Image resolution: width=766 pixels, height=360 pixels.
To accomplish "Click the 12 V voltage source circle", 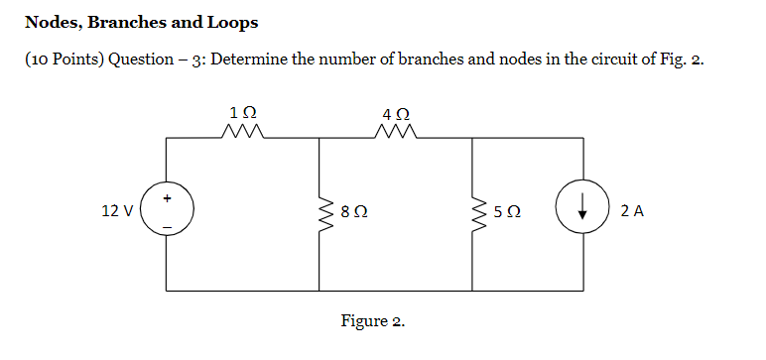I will coord(167,211).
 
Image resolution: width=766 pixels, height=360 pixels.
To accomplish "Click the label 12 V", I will coord(117,211).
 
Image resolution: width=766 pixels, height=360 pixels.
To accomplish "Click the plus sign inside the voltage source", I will coord(167,198).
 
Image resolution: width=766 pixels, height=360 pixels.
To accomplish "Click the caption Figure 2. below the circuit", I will coord(372,321).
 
